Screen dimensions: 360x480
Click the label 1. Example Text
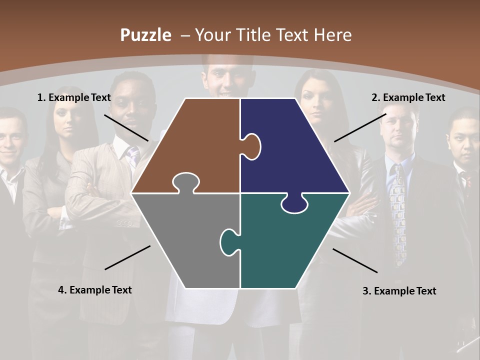(74, 97)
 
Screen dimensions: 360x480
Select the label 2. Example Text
(408, 97)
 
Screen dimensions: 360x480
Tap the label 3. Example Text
(399, 291)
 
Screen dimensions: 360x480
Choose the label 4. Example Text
(95, 290)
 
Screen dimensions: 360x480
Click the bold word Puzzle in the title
(145, 35)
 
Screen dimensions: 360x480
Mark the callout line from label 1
(126, 127)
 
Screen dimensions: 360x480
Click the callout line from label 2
(360, 127)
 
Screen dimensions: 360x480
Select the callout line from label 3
(355, 260)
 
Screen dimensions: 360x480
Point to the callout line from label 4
(127, 257)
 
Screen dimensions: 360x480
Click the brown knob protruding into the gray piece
(185, 182)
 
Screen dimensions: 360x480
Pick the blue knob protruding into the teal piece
(294, 203)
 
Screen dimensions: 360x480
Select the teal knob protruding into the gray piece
(229, 241)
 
